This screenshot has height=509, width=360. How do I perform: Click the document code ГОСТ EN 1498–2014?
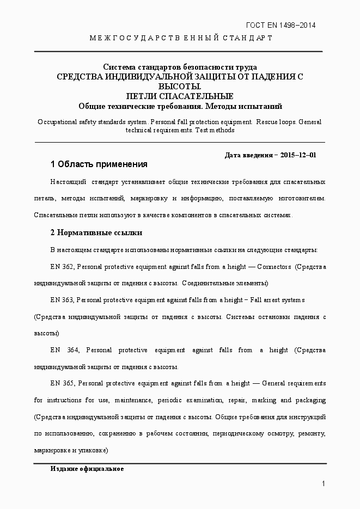pos(281,25)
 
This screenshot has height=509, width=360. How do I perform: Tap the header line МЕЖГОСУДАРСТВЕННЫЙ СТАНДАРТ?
pos(180,38)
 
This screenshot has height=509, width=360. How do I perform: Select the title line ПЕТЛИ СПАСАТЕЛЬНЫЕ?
pos(180,96)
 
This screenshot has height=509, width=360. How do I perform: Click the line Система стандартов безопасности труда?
pos(180,68)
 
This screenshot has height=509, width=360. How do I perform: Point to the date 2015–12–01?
pos(298,155)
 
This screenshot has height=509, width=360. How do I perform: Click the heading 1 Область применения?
pos(99,164)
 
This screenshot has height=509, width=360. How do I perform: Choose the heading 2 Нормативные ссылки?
pos(96,232)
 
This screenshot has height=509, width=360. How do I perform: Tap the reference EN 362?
pos(62,267)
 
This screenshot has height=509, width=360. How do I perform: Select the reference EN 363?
pos(62,300)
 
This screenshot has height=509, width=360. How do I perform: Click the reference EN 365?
pos(62,383)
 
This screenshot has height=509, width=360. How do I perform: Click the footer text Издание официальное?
pos(87,469)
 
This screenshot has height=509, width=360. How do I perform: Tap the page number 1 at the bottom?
pos(324,483)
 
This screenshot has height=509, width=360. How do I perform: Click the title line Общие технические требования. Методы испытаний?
pos(180,106)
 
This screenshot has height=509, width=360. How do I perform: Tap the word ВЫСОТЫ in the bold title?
pos(180,87)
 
